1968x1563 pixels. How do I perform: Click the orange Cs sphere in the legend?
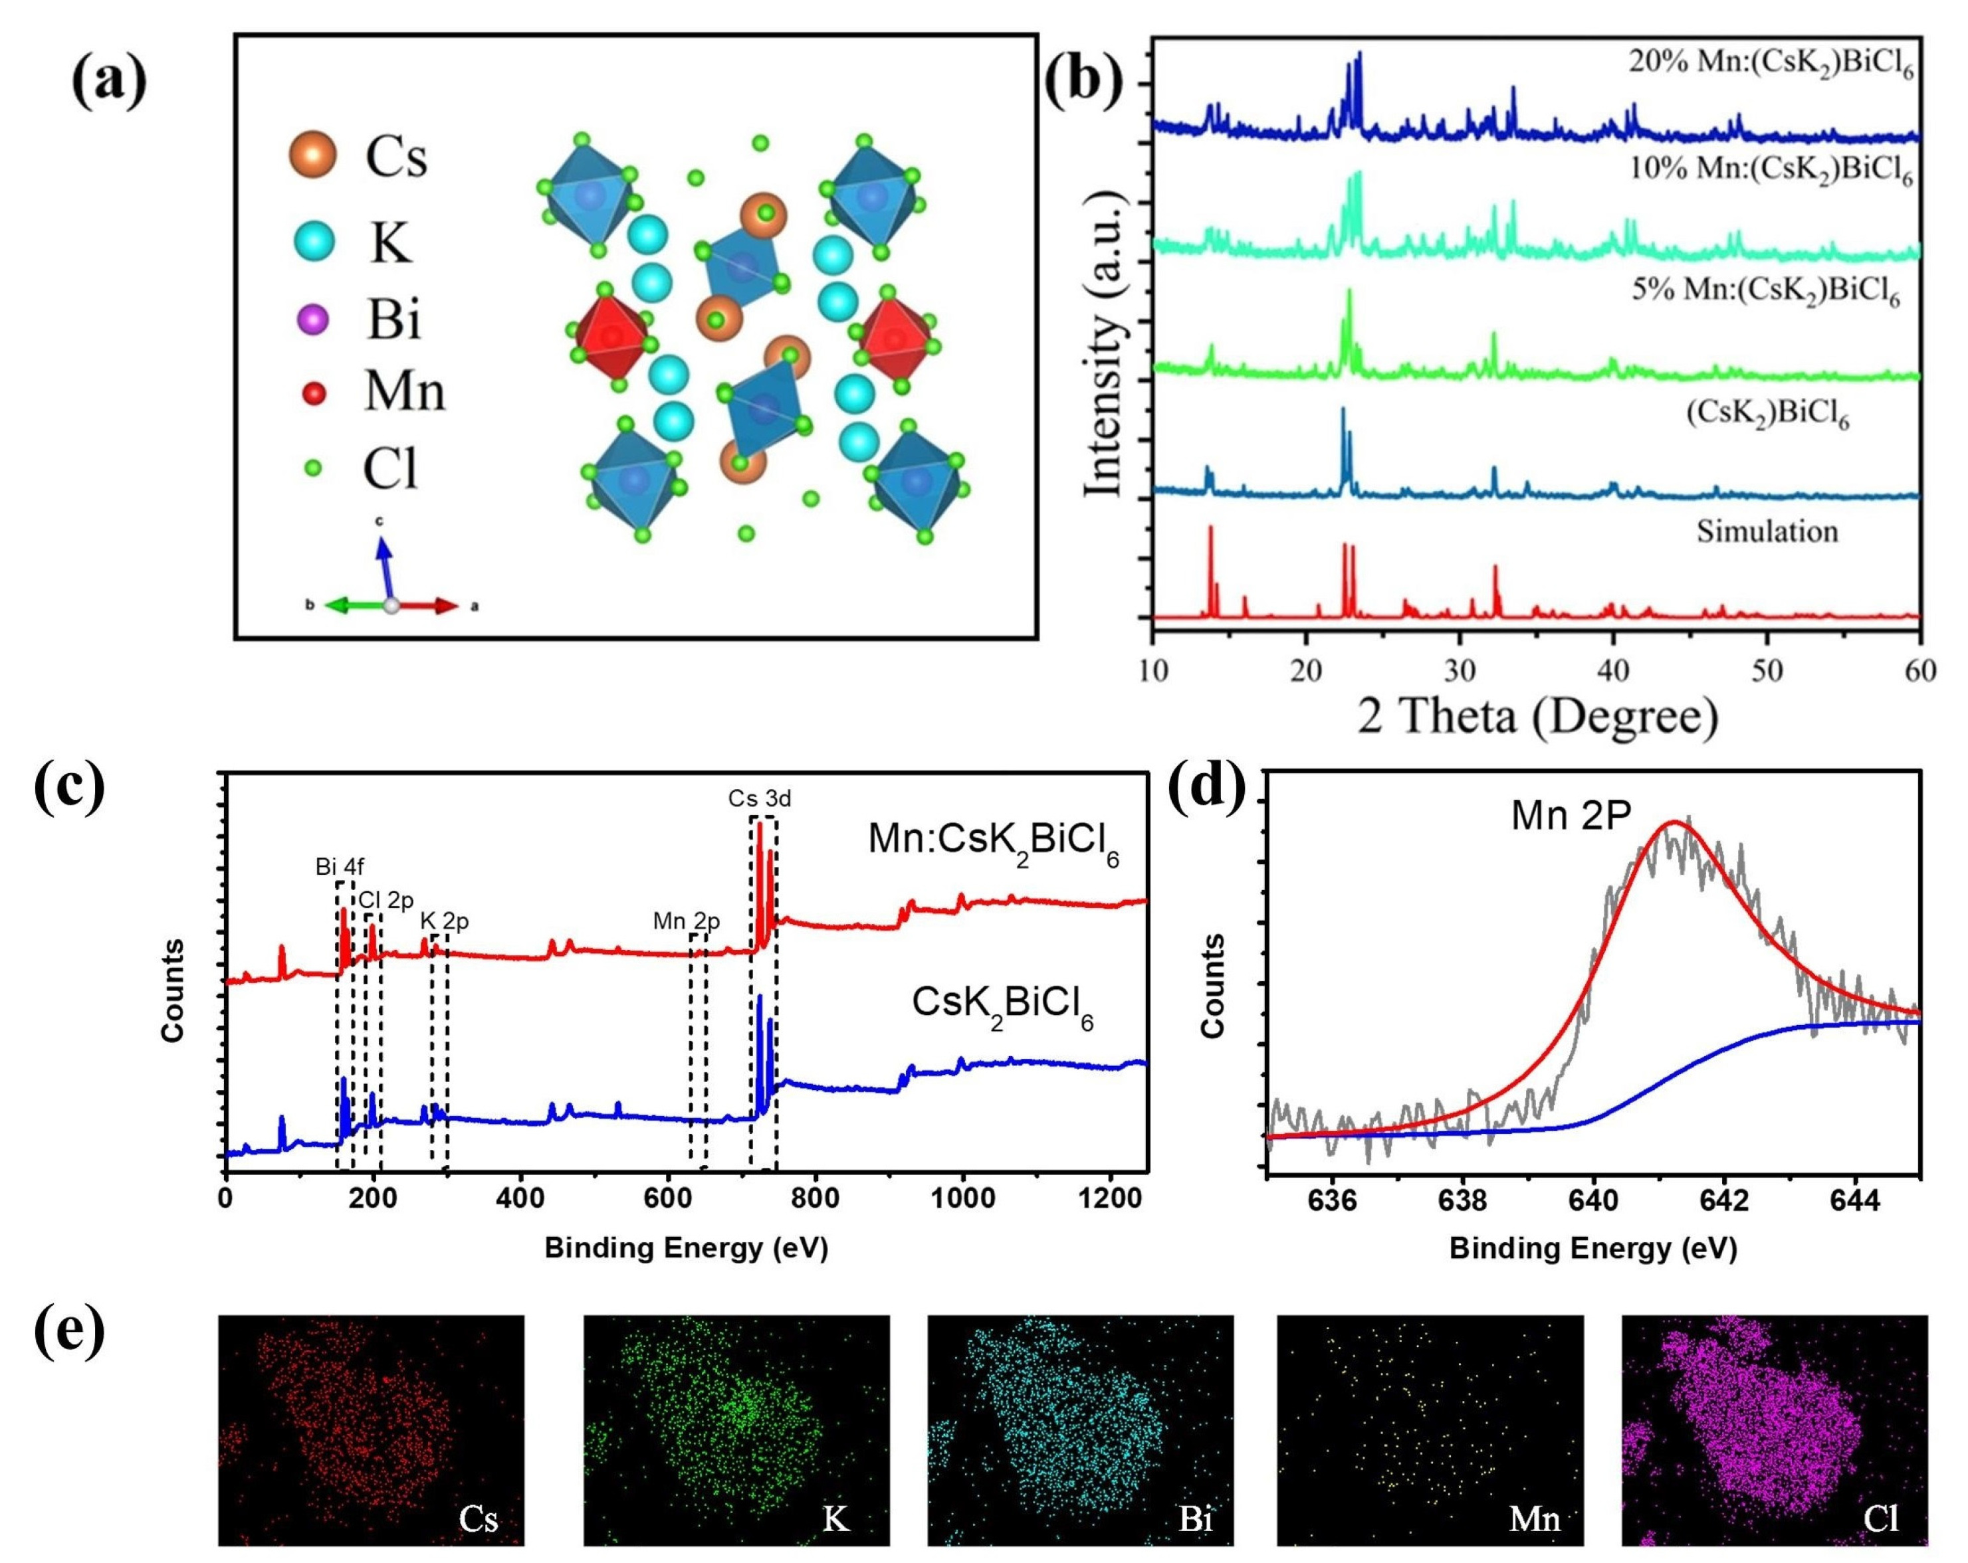[313, 155]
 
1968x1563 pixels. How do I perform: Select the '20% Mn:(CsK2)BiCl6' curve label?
[1771, 64]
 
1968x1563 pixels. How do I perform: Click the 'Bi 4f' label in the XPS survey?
[340, 867]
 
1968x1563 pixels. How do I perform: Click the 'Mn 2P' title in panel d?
[1570, 816]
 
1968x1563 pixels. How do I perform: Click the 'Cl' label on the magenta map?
[1882, 1519]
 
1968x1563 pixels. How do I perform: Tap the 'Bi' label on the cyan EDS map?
[1196, 1519]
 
